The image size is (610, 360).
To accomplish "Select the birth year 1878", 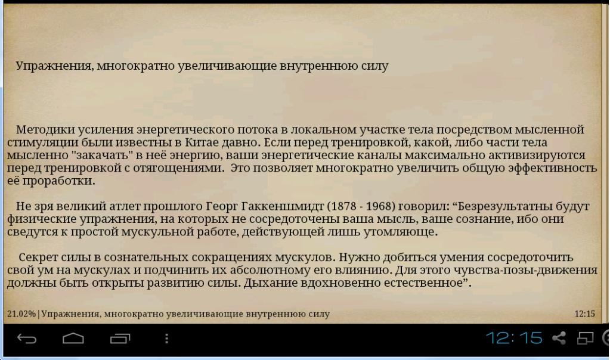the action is pyautogui.click(x=343, y=206).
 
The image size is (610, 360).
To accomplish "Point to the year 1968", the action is pyautogui.click(x=378, y=206).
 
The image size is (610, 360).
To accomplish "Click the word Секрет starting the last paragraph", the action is pyautogui.click(x=39, y=257).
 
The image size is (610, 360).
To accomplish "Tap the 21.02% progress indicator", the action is pyautogui.click(x=21, y=314).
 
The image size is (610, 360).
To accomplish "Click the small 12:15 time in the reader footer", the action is pyautogui.click(x=585, y=314).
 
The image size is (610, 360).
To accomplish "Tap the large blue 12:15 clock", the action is pyautogui.click(x=514, y=338).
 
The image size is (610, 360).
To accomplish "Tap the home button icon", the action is pyautogui.click(x=73, y=339).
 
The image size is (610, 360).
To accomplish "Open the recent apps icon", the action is pyautogui.click(x=120, y=339).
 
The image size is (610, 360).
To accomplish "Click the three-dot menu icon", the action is pyautogui.click(x=166, y=339).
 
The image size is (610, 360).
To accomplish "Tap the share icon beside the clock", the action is pyautogui.click(x=559, y=338).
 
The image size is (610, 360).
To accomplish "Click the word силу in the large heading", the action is pyautogui.click(x=374, y=66).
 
